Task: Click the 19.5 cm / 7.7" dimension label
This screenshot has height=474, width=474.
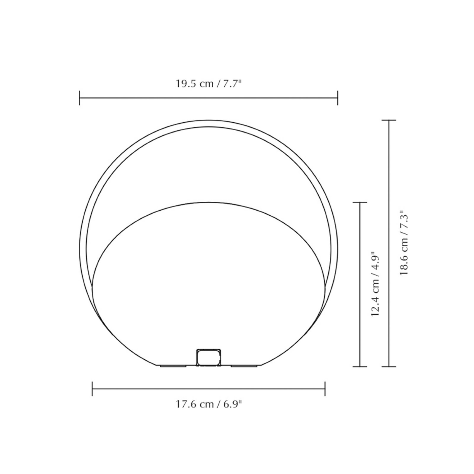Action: pyautogui.click(x=209, y=84)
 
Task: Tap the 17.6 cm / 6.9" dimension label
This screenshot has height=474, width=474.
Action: pyautogui.click(x=209, y=404)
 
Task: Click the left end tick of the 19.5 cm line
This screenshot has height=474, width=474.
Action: pyautogui.click(x=80, y=98)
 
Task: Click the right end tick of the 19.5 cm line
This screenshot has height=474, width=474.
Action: pyautogui.click(x=337, y=98)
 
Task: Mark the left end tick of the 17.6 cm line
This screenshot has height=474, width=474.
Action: pyautogui.click(x=92, y=389)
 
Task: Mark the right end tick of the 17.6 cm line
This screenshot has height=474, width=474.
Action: pyautogui.click(x=325, y=389)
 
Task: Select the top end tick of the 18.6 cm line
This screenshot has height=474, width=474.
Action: pyautogui.click(x=389, y=120)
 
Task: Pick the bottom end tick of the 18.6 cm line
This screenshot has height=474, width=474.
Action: pyautogui.click(x=389, y=367)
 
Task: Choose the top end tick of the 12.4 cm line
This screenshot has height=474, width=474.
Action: pyautogui.click(x=360, y=203)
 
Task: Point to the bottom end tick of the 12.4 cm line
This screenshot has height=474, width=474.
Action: pyautogui.click(x=360, y=367)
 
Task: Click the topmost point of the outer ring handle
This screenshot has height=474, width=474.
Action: pyautogui.click(x=209, y=120)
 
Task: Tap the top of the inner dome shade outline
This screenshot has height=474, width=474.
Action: pyautogui.click(x=209, y=203)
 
